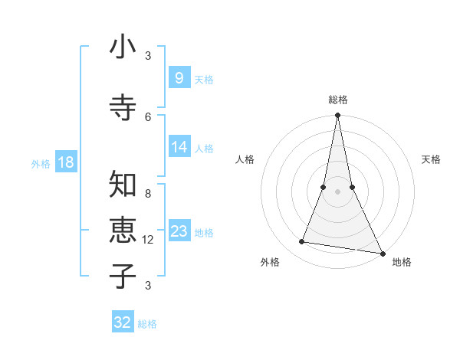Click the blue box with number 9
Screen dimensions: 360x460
[x=178, y=78]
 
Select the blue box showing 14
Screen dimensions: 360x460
[x=179, y=148]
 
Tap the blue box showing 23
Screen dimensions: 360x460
[x=179, y=231]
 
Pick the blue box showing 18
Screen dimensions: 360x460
[x=65, y=162]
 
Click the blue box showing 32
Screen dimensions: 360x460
[x=123, y=322]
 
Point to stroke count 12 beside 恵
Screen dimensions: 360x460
[x=149, y=240]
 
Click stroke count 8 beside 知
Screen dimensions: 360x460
[x=148, y=193]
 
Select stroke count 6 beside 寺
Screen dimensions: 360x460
[x=148, y=116]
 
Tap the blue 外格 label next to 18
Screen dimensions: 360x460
[x=41, y=163]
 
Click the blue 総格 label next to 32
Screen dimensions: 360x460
[x=147, y=324]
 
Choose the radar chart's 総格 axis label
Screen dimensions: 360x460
[x=338, y=100]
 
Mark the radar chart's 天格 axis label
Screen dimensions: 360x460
[x=432, y=159]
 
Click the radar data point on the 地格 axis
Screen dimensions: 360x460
[x=382, y=252]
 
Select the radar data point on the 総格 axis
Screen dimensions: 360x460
[x=337, y=116]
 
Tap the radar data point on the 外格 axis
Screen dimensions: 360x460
[x=301, y=242]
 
